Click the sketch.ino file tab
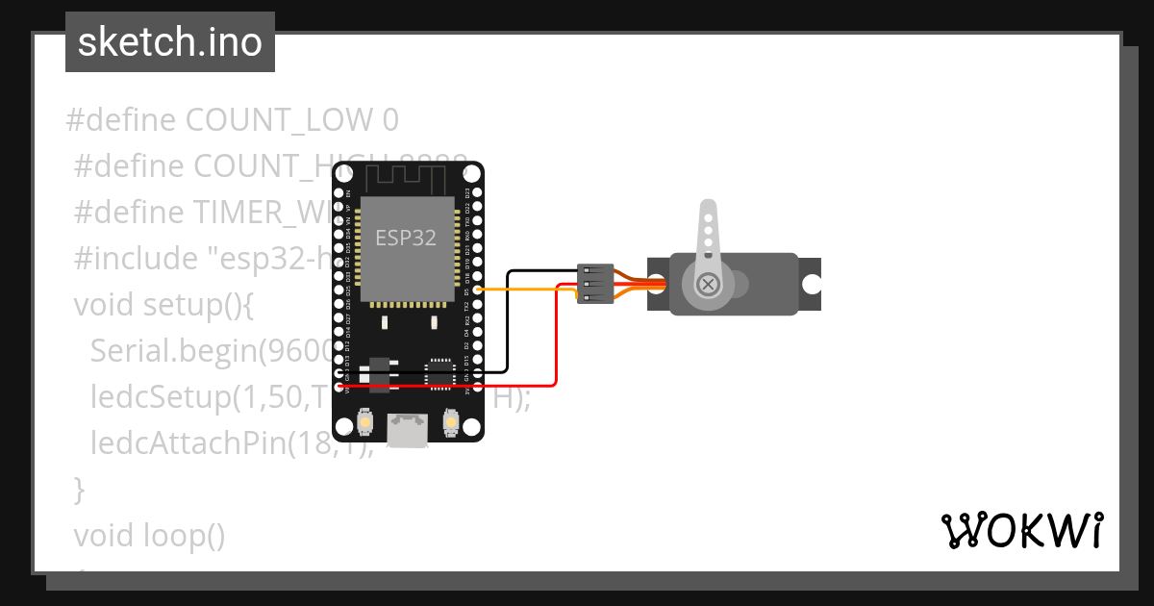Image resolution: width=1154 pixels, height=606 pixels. pyautogui.click(x=169, y=42)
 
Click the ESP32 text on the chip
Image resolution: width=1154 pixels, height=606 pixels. pyautogui.click(x=405, y=239)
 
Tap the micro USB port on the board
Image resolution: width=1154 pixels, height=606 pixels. pyautogui.click(x=408, y=430)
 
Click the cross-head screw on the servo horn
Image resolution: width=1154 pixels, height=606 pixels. pyautogui.click(x=708, y=284)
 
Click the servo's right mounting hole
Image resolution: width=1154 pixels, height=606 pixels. pyautogui.click(x=812, y=284)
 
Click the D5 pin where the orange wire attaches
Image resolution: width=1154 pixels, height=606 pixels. pyautogui.click(x=478, y=289)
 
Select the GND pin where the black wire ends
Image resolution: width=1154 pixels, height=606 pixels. pyautogui.click(x=339, y=372)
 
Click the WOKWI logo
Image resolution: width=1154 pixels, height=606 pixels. pyautogui.click(x=1020, y=530)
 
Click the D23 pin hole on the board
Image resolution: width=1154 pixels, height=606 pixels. pyautogui.click(x=478, y=192)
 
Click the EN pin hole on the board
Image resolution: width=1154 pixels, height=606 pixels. pyautogui.click(x=339, y=192)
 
